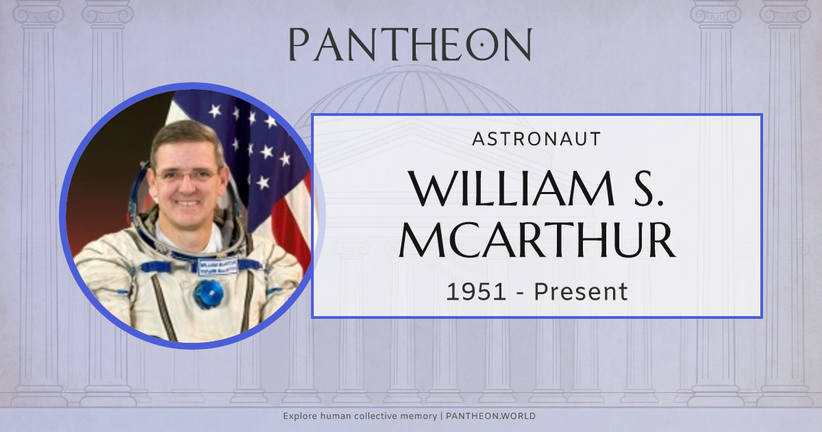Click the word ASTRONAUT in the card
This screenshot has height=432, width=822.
point(536,139)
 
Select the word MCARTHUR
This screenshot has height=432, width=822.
point(537,241)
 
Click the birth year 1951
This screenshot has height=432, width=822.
point(477,292)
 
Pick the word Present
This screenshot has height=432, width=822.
point(581,292)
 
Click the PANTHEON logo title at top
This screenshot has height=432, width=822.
point(410,45)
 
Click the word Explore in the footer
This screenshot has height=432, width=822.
point(299,416)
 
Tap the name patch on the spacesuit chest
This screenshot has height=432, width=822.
point(217,266)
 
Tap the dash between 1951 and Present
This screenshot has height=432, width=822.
point(520,293)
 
